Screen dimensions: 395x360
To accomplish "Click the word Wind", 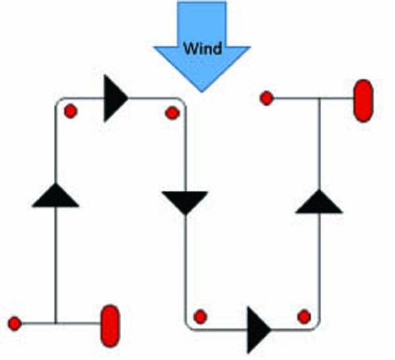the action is [203, 48].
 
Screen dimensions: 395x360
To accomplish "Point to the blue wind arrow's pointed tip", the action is [201, 92].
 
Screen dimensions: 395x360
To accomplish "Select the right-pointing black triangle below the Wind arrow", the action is [116, 98].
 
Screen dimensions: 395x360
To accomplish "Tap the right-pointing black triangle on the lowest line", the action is [259, 330].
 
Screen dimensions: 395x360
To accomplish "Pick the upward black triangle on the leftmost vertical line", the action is [55, 195].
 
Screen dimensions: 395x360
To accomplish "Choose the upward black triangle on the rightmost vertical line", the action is [319, 201].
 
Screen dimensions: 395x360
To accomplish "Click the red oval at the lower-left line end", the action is [111, 326].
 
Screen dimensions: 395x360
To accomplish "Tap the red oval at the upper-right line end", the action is [363, 101].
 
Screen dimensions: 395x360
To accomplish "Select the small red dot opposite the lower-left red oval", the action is [14, 323].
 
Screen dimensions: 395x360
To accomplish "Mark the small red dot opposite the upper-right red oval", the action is [267, 98].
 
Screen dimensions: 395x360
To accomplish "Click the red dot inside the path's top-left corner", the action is [70, 111].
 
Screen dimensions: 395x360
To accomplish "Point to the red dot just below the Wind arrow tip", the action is [172, 113].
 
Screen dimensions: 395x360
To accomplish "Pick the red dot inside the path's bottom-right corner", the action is [304, 317].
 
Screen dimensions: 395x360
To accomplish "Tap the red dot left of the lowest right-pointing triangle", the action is [200, 317].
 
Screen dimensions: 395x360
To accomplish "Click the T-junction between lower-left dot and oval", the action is [56, 323].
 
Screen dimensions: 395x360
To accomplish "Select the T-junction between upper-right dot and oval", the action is [319, 98].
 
